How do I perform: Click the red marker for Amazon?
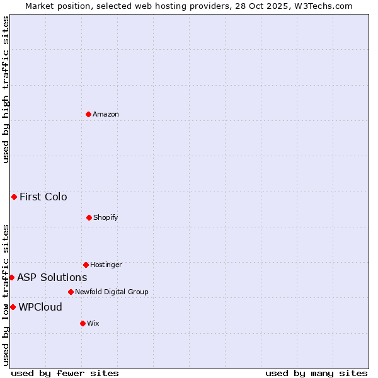tap(88, 114)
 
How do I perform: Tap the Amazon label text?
tap(106, 114)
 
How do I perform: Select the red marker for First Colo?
tap(14, 197)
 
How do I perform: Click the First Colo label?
tap(43, 197)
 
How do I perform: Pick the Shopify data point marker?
tap(89, 217)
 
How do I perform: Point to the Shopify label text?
tap(106, 217)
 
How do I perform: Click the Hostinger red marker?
tap(86, 265)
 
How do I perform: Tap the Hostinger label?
tap(106, 265)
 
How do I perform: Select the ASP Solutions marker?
tap(11, 277)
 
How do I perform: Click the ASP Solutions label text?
tap(52, 277)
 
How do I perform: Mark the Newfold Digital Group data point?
tap(71, 292)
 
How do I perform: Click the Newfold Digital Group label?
tap(112, 292)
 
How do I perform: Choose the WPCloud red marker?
tap(13, 307)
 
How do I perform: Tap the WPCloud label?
tap(40, 307)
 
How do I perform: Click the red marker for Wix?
tap(83, 323)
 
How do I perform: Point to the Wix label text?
tap(93, 323)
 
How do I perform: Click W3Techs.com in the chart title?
tap(326, 6)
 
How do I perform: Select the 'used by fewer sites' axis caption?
tap(65, 373)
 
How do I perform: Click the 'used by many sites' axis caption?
tap(316, 373)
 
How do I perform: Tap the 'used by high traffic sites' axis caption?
tap(6, 89)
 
